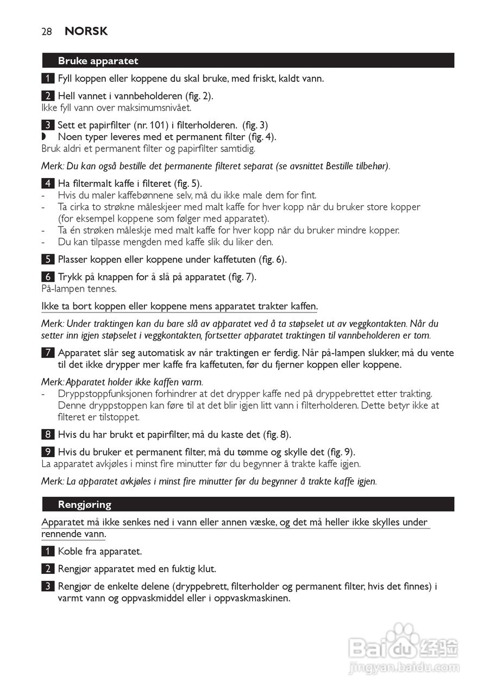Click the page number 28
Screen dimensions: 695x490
47,31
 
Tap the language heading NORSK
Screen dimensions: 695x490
86,31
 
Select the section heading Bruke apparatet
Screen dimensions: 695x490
98,61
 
